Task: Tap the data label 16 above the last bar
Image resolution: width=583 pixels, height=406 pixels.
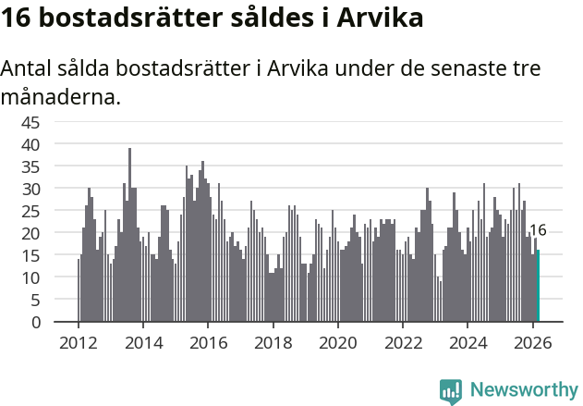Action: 538,230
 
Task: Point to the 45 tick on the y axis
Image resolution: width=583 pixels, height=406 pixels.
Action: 30,122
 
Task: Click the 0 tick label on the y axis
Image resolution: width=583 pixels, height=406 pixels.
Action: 35,322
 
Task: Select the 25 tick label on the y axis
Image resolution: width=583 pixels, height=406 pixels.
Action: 30,211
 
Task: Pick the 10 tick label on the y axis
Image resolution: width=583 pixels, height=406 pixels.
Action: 30,277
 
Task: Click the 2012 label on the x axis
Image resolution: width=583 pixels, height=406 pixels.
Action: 78,341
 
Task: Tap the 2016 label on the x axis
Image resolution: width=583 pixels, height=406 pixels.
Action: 208,341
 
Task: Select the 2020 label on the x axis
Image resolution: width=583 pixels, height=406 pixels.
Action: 338,341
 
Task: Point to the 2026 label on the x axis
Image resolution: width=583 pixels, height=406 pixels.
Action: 533,341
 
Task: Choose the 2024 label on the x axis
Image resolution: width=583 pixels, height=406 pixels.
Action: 468,341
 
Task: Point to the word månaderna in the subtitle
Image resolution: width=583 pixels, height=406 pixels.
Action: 61,96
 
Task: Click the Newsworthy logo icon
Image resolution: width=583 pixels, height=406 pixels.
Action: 451,390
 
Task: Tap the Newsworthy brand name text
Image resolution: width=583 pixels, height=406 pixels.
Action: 523,390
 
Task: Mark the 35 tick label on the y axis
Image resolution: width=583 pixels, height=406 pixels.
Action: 30,166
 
